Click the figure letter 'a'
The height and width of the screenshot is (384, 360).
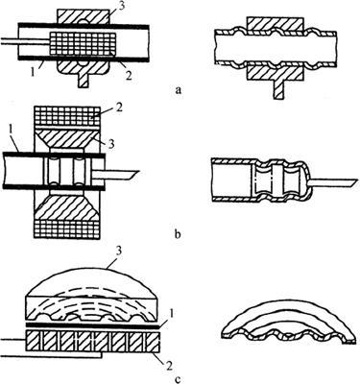(x=179, y=90)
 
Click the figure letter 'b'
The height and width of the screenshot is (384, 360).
(x=179, y=234)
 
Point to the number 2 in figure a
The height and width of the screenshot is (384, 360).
(x=128, y=75)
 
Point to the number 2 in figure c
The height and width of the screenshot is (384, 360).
(x=168, y=365)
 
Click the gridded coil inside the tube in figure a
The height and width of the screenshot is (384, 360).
(x=82, y=43)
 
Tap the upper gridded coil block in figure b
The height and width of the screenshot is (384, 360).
(x=67, y=116)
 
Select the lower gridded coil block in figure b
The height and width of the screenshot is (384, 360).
(x=67, y=229)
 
